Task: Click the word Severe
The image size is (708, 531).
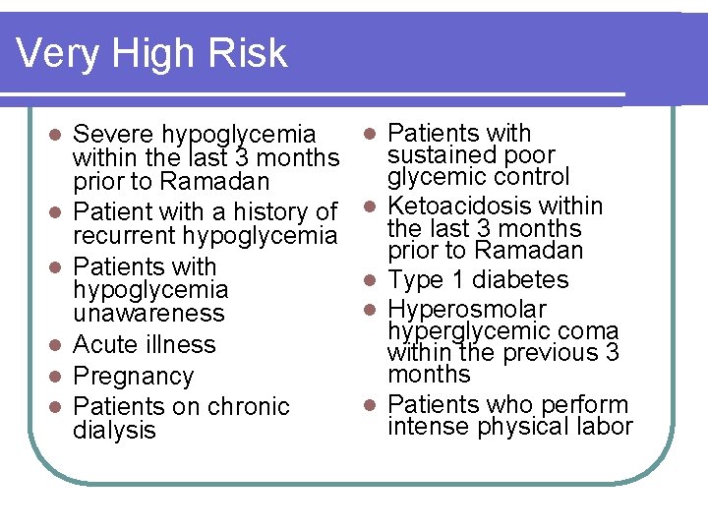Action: (x=114, y=134)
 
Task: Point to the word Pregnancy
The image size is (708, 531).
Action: (x=134, y=377)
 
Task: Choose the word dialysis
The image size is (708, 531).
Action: (x=114, y=431)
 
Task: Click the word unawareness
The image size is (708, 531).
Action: (x=148, y=314)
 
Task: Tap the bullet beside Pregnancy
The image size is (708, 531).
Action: (x=58, y=377)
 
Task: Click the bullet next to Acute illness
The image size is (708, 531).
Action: (x=58, y=345)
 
